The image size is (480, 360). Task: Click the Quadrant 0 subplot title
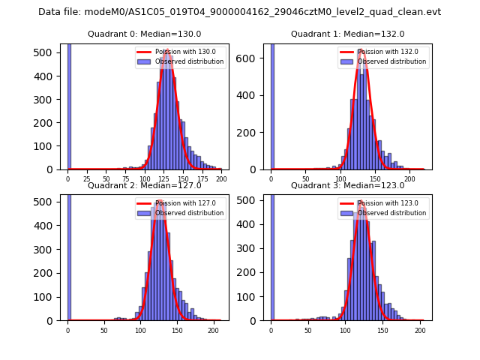click(145, 34)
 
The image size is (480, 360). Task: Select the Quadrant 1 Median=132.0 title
click(348, 34)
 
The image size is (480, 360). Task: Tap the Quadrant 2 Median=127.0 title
click(145, 185)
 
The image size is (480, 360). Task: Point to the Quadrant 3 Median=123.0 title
click(348, 185)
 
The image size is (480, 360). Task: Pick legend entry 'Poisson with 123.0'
click(382, 202)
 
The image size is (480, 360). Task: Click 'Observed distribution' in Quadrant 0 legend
click(190, 61)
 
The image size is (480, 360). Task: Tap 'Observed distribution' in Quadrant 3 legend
click(392, 213)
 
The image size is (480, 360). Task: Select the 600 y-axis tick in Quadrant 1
click(253, 58)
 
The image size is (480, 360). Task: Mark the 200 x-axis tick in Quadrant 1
click(409, 180)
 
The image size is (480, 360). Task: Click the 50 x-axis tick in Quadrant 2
click(104, 330)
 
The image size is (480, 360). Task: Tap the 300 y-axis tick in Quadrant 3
click(253, 249)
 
